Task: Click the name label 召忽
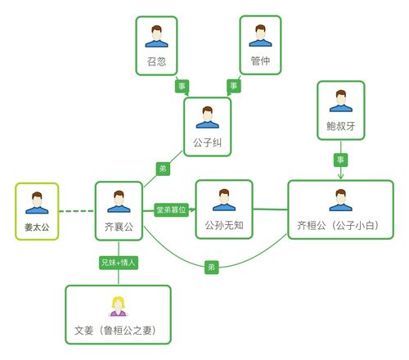(x=156, y=61)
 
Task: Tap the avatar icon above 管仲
(x=261, y=35)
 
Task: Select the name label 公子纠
(x=208, y=142)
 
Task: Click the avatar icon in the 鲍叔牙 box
(x=340, y=101)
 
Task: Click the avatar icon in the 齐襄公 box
(x=119, y=201)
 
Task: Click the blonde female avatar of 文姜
(x=118, y=305)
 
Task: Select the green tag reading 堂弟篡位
(x=171, y=210)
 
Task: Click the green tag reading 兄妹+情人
(x=118, y=263)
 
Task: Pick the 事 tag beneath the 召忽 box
(x=182, y=85)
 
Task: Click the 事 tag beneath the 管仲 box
(x=233, y=85)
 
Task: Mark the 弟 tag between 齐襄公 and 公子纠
(x=162, y=168)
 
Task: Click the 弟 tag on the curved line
(x=211, y=267)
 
